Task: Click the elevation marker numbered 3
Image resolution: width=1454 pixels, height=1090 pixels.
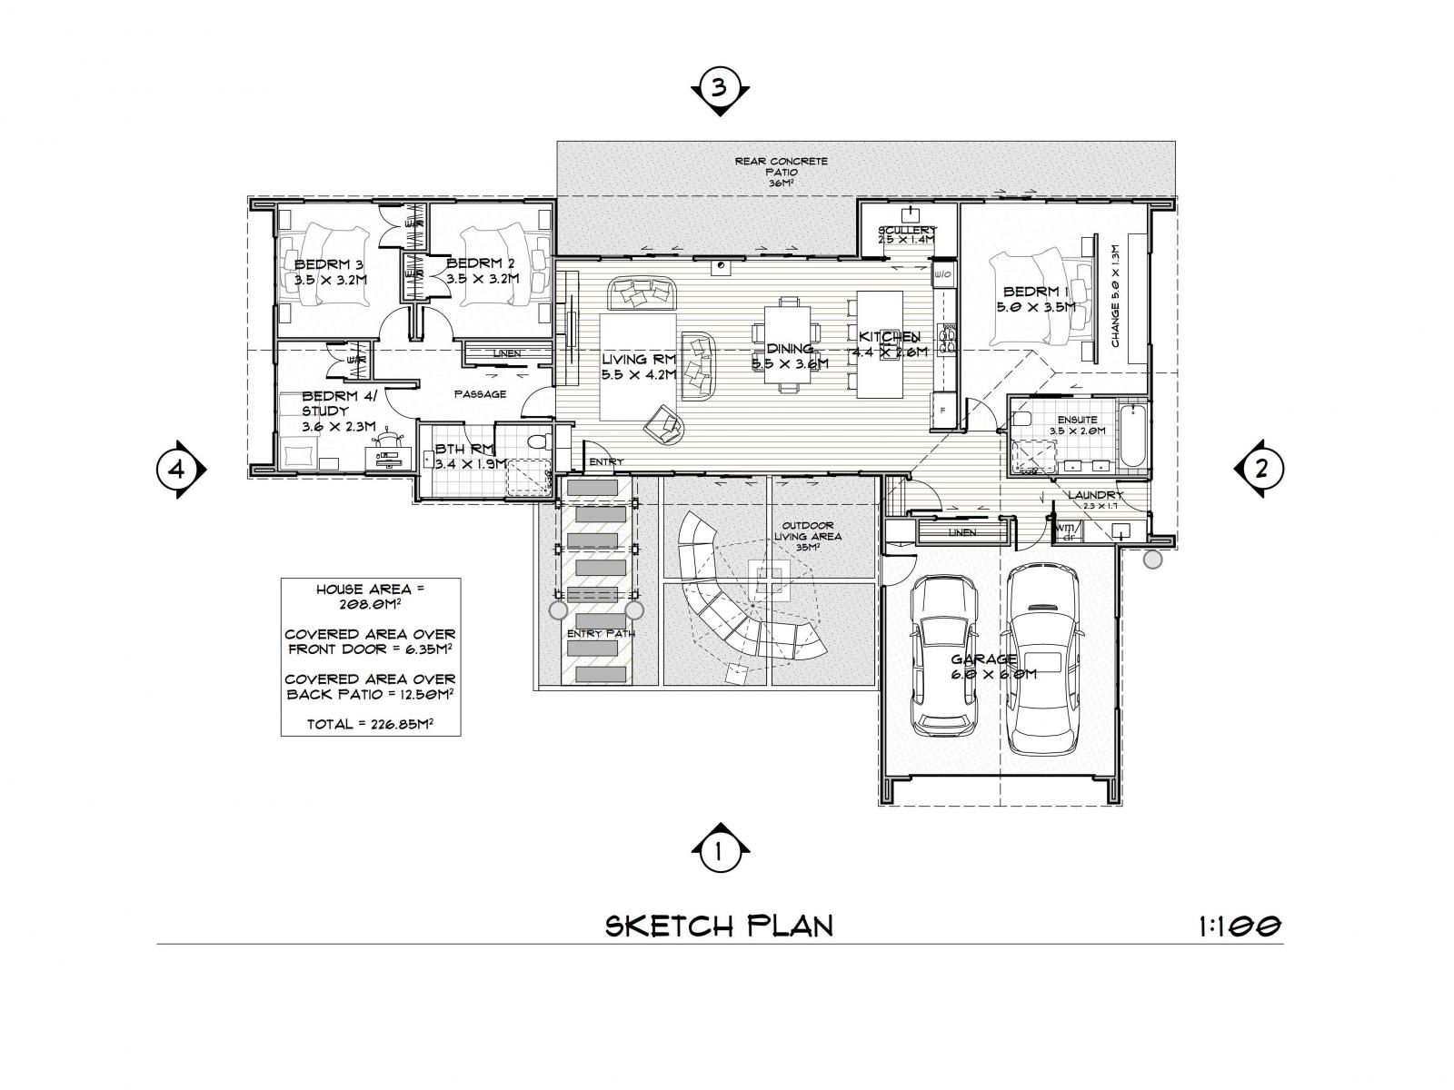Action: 719,89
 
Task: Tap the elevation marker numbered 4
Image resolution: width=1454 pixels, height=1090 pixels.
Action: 178,470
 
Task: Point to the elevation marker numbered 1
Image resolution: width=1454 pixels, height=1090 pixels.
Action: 719,851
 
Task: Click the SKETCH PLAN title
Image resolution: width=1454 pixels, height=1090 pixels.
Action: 719,926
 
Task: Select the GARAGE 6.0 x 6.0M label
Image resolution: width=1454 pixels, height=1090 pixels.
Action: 993,667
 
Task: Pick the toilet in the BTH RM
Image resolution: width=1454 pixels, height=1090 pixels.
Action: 537,444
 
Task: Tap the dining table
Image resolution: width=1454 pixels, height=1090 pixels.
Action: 787,345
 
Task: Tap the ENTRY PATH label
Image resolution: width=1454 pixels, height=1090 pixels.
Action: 593,633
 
